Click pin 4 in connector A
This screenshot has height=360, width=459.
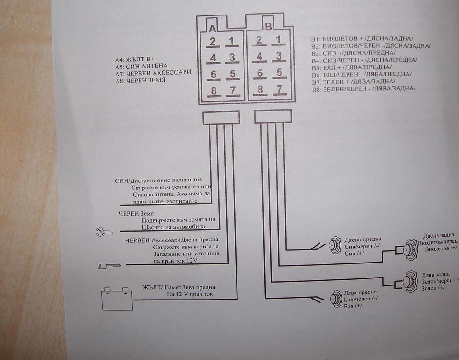coord(213,58)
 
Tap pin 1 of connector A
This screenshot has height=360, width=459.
coord(231,41)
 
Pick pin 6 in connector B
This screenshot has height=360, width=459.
coord(259,73)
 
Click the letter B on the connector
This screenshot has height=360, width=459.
coord(268,26)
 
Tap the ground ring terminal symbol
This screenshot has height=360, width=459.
coord(101,231)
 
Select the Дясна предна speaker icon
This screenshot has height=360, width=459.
coord(335,245)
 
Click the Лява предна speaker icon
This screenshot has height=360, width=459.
coord(336,299)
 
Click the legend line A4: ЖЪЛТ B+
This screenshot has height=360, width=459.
coord(136,60)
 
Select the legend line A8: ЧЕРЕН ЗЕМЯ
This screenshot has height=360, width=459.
coord(140,81)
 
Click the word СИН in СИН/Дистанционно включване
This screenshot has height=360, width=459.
coord(121,180)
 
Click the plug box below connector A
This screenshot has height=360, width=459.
coord(221,117)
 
